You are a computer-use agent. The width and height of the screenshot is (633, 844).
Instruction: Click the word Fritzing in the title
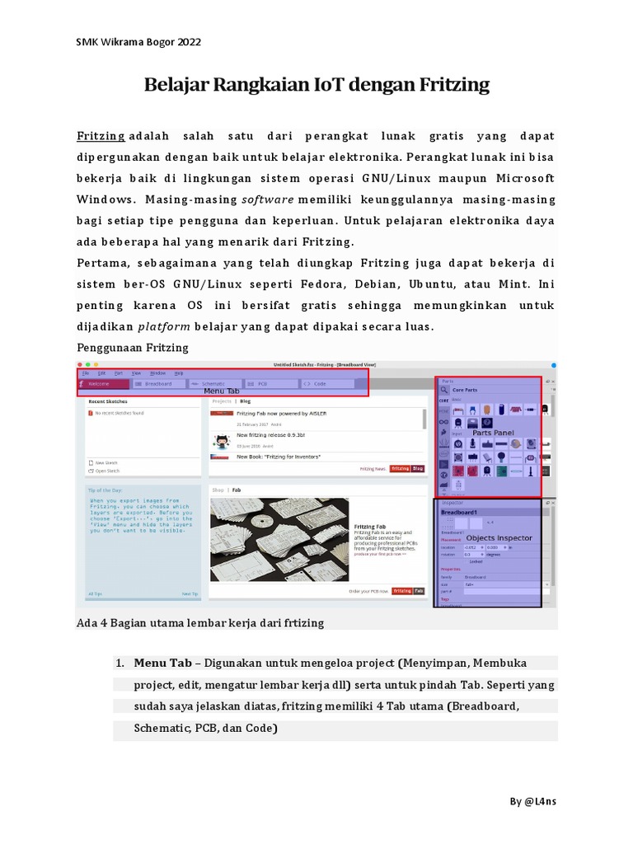(449, 84)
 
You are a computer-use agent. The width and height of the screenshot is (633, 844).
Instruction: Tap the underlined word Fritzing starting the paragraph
(101, 135)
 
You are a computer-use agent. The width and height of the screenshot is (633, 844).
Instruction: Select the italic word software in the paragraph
(268, 199)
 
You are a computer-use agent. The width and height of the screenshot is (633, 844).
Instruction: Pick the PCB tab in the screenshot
(262, 383)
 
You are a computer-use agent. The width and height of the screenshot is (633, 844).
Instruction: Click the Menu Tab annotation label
(221, 391)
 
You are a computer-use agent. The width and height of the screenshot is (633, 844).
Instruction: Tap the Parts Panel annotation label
(493, 432)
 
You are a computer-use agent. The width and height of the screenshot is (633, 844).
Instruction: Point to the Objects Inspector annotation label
(499, 538)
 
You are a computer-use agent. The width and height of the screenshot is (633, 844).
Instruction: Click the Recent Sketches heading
(107, 401)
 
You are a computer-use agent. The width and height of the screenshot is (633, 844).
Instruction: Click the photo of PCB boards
(278, 539)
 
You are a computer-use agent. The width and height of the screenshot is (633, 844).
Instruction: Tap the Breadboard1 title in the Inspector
(460, 512)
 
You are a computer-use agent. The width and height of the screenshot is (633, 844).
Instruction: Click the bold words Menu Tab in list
(163, 663)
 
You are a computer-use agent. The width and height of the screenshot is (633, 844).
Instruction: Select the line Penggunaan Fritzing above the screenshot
(133, 347)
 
